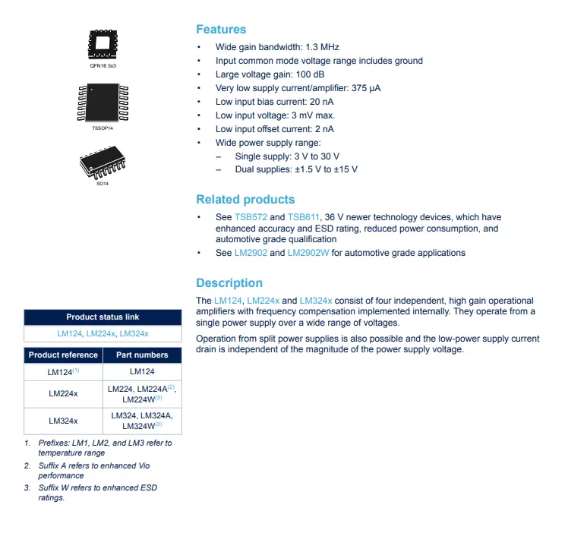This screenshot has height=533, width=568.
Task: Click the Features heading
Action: pos(221,30)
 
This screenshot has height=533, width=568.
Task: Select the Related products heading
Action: pos(245,200)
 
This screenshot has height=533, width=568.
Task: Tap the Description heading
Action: pos(229,283)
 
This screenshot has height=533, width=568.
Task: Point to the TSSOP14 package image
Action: pos(103,103)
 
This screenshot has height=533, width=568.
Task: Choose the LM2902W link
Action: pos(308,253)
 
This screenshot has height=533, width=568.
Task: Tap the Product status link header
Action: pos(103,317)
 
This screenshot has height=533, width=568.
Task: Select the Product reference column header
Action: pos(63,355)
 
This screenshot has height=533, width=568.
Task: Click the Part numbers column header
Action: pos(142,355)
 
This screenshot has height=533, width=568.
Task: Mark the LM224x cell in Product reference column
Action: pos(63,393)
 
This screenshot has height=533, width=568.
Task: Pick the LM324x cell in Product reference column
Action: pos(63,420)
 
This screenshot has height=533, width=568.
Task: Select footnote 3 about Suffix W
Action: pos(97,492)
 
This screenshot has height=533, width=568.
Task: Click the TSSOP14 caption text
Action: pos(103,128)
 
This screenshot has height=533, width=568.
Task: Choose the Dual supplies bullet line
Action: pos(296,169)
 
